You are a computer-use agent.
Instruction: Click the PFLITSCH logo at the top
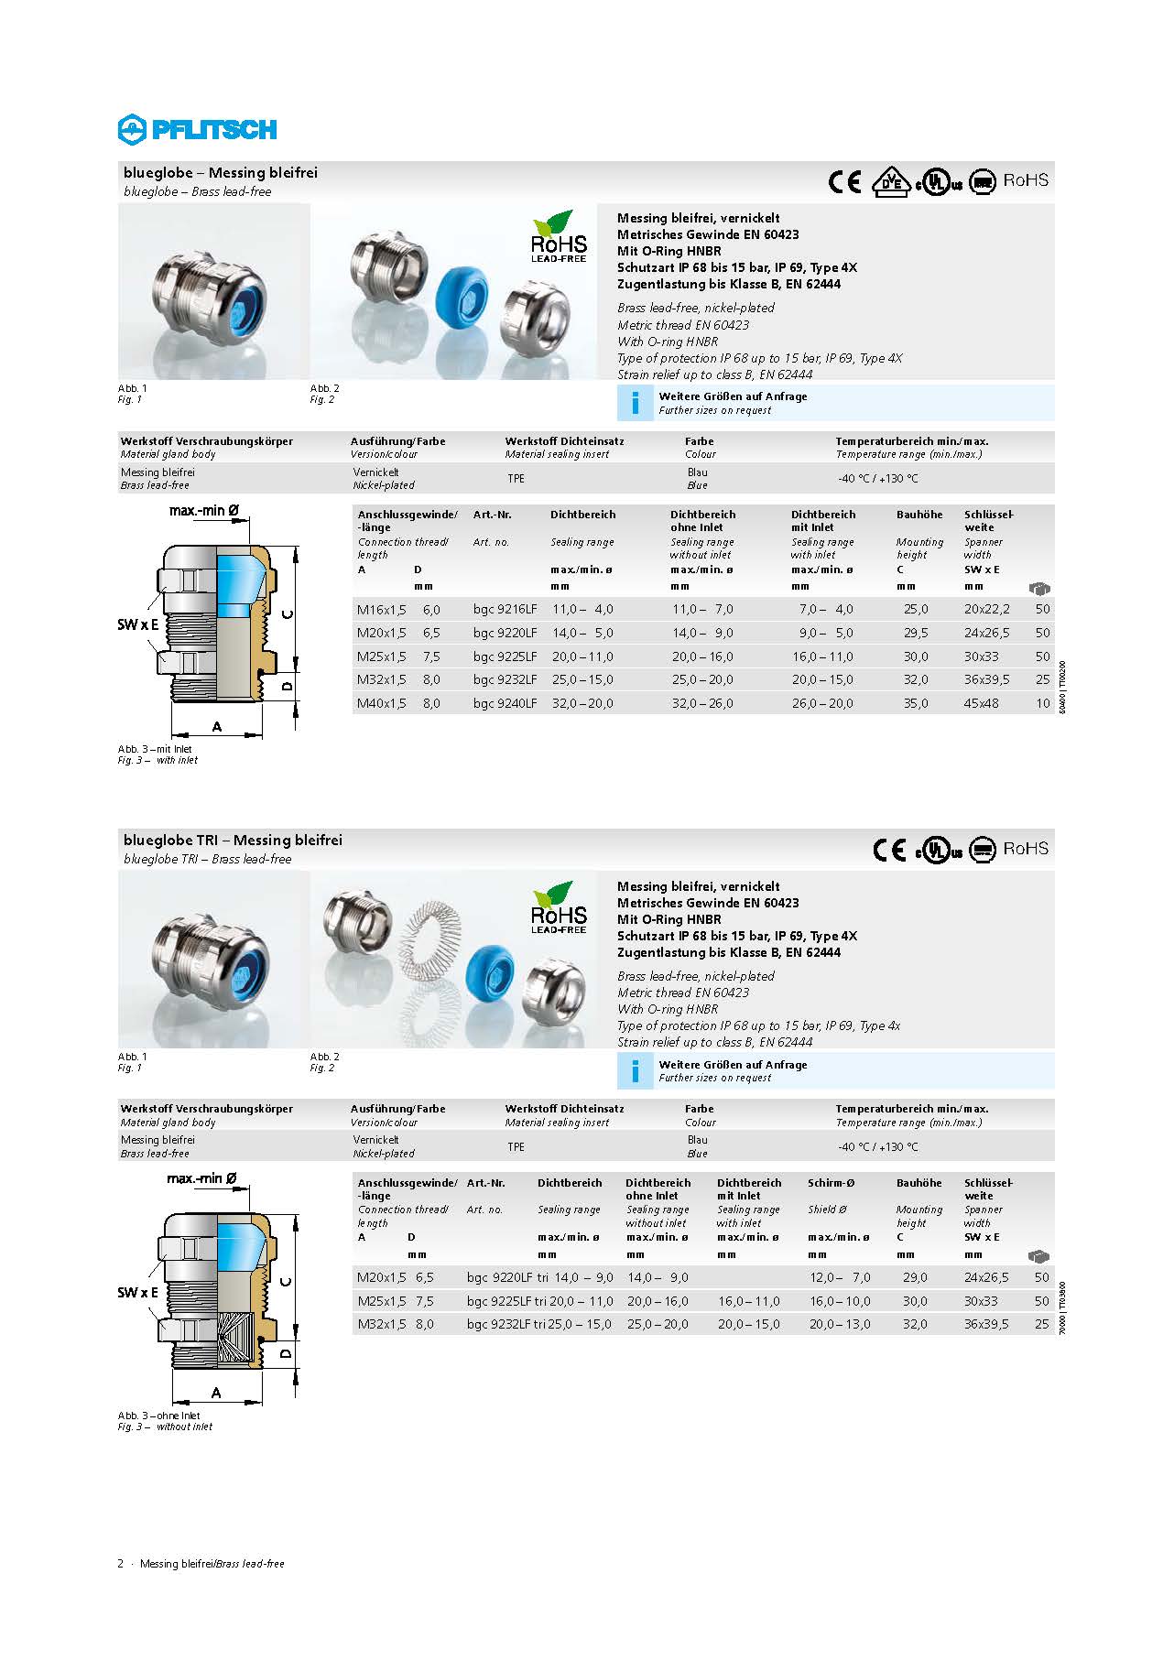point(197,129)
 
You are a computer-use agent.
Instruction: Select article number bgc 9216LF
point(505,609)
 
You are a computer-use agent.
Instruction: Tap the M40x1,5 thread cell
point(381,703)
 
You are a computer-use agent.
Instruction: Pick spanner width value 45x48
point(981,703)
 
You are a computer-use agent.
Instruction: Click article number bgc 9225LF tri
point(506,1301)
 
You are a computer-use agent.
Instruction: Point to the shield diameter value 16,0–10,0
point(840,1301)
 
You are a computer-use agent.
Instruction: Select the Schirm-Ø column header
point(831,1183)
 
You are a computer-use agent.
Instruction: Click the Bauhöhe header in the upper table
point(919,515)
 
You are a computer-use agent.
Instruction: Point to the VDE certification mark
point(890,181)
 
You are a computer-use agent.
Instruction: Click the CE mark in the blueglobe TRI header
point(889,850)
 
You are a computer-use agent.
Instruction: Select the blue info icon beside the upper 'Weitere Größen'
point(636,403)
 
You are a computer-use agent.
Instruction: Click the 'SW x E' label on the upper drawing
point(137,624)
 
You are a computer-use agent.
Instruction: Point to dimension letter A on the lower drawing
point(216,1393)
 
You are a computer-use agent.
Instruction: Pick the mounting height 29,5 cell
point(916,633)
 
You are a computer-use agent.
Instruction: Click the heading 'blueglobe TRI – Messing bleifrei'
point(233,840)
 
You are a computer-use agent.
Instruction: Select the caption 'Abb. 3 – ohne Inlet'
point(158,1416)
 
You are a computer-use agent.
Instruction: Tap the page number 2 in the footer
point(120,1564)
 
